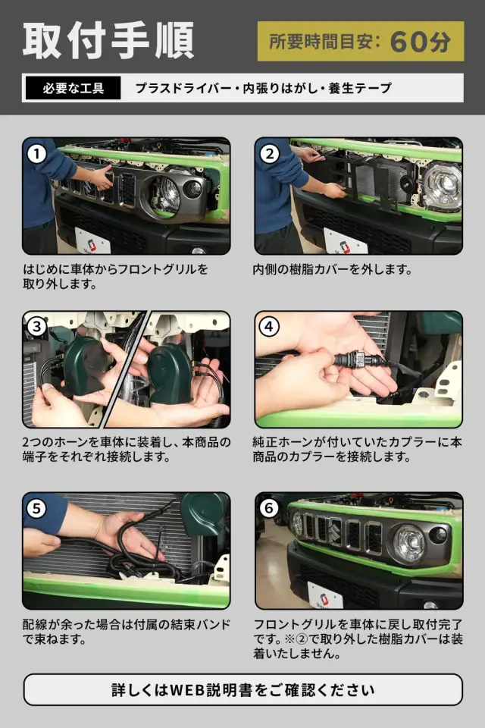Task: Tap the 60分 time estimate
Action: pos(420,42)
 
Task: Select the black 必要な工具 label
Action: pos(74,88)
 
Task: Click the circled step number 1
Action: pos(36,154)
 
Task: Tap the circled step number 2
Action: pos(269,154)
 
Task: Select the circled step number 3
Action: pos(36,326)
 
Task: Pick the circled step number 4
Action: pos(269,326)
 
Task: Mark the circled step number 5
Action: pos(36,508)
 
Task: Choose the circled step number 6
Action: pos(269,508)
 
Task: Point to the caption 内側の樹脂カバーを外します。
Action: pos(333,269)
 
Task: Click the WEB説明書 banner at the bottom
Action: pos(242,690)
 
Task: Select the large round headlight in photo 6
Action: pos(409,544)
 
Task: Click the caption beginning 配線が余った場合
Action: pos(127,632)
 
